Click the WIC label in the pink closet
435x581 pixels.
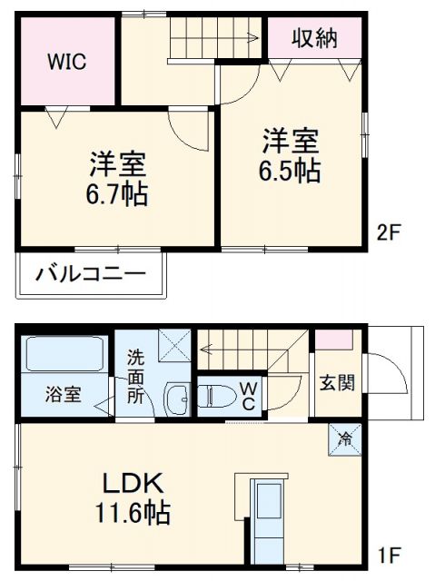pos(66,63)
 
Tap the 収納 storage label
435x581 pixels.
pos(314,38)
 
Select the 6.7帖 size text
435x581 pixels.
pos(118,194)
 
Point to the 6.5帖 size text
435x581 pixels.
pos(292,171)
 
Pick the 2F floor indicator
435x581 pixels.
pos(388,232)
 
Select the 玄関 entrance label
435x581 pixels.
pos(336,383)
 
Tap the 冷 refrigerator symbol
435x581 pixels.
pos(346,439)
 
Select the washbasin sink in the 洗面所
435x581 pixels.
pos(179,398)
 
